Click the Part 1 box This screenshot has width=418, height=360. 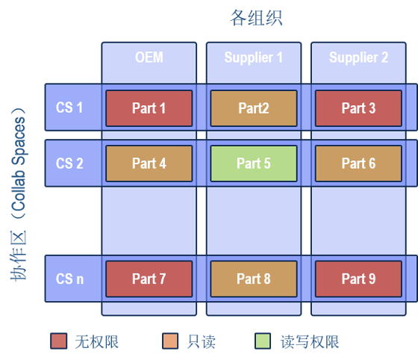pos(149,108)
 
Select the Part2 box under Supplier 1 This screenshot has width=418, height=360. pos(254,108)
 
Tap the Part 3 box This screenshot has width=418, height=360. pos(358,108)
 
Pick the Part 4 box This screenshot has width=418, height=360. pos(149,164)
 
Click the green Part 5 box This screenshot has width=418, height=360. pos(254,164)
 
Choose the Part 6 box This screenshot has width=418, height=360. pos(358,164)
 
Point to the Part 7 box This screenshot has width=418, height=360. pos(149,279)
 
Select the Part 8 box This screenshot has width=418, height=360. pos(254,279)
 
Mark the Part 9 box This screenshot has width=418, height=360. pos(358,279)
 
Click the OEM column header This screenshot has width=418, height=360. pos(149,58)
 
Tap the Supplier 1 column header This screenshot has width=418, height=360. pos(254,58)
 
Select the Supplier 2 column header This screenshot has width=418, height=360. pos(358,58)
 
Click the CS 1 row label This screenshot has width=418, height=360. pos(69,108)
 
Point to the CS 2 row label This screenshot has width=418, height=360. pos(69,164)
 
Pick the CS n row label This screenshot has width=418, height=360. pos(69,279)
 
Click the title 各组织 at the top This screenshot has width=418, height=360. pos(256,18)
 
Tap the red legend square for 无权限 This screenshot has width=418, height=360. pos(59,341)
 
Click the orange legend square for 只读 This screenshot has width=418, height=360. pos(170,341)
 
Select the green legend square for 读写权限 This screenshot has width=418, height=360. pos(263,341)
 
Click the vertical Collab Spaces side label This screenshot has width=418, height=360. pos(19,194)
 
